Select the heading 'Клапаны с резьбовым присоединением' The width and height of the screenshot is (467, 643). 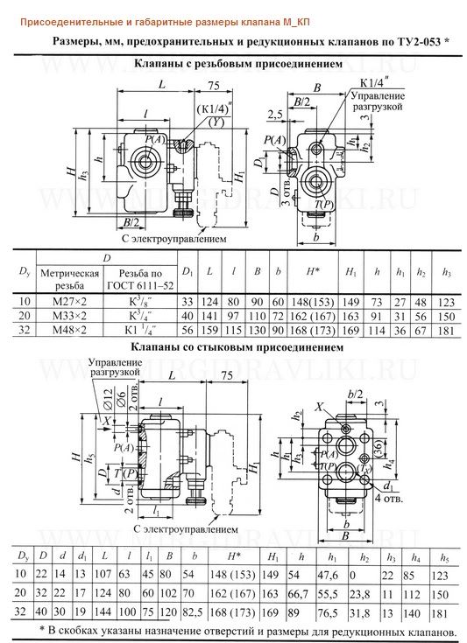232,63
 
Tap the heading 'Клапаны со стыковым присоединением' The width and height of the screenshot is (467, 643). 232,346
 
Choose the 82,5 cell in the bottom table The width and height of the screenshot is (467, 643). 193,612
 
